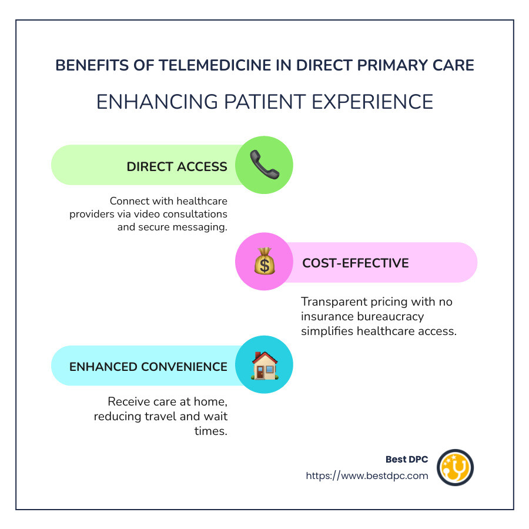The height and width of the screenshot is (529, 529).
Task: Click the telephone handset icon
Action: coord(264,165)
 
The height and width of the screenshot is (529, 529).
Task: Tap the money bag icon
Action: coord(264,261)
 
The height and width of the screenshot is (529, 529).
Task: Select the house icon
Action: coord(264,366)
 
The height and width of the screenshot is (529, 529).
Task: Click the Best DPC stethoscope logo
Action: coord(455,468)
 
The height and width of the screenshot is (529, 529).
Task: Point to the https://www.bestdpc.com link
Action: coord(367,476)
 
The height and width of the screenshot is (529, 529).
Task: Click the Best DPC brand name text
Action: coord(407,459)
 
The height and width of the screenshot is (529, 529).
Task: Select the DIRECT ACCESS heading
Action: coord(177,167)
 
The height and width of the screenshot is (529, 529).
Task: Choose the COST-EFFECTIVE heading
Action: coord(356,263)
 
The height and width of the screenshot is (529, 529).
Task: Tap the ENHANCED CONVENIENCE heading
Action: coord(149,367)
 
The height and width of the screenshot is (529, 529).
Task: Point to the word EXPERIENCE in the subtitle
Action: coord(373,102)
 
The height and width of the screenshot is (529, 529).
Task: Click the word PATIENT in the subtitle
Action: coord(265,102)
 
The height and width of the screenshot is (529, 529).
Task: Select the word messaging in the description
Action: coord(200,227)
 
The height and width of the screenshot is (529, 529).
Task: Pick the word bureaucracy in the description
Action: coord(390,317)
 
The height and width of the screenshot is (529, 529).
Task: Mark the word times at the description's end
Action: coord(211,431)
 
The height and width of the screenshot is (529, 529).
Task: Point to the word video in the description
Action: coord(146,214)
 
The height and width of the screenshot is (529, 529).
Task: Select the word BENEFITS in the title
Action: coord(92,65)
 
